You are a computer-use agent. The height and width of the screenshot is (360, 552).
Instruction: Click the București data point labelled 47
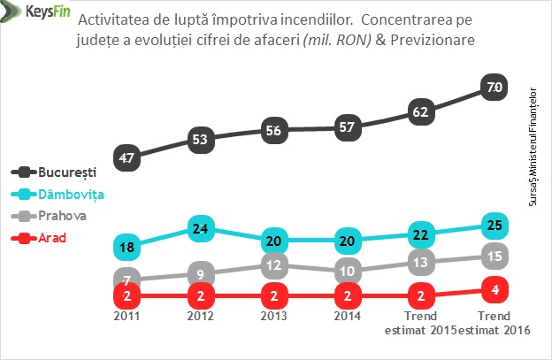pyautogui.click(x=126, y=158)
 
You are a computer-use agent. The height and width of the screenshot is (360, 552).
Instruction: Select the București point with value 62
pyautogui.click(x=420, y=112)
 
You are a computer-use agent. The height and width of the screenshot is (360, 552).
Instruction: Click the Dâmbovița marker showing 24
pyautogui.click(x=200, y=229)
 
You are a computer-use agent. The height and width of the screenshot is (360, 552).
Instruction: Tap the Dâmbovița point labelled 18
pyautogui.click(x=126, y=246)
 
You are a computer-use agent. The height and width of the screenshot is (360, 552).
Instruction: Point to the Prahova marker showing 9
pyautogui.click(x=200, y=273)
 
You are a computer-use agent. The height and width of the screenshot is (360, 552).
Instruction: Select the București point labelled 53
pyautogui.click(x=200, y=139)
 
